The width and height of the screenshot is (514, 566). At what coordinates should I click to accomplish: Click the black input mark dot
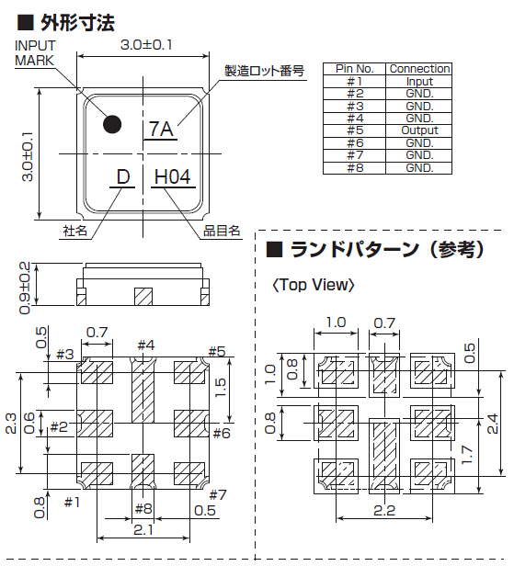[112, 125]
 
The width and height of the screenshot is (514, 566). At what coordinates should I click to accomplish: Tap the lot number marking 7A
[161, 129]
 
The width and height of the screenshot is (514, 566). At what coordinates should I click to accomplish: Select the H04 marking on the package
[172, 177]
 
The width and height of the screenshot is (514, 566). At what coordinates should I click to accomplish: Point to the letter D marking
[123, 177]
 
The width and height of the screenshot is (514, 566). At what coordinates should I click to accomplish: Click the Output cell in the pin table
[419, 130]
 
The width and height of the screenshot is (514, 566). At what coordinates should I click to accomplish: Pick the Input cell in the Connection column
[419, 82]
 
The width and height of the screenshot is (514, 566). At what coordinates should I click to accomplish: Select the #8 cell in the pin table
[355, 168]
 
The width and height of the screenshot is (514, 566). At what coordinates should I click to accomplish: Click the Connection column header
[419, 69]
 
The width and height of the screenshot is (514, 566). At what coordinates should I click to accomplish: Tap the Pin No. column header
[354, 69]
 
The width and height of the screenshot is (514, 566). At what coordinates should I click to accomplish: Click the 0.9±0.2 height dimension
[25, 288]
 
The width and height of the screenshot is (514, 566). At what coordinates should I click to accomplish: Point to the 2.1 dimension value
[143, 529]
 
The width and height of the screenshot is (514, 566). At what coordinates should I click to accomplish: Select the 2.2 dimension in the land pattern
[384, 511]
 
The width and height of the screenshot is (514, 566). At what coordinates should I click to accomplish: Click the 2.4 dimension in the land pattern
[492, 424]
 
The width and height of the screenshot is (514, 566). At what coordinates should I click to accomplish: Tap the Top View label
[314, 285]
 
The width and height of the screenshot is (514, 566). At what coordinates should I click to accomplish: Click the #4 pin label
[146, 345]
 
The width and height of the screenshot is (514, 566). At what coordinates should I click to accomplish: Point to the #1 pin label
[72, 502]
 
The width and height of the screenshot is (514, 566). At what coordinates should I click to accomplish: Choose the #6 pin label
[222, 433]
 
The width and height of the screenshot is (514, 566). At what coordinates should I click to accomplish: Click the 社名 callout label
[75, 231]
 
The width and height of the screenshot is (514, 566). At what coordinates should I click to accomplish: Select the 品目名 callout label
[222, 231]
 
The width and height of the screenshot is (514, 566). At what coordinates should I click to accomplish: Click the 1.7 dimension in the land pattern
[466, 455]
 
